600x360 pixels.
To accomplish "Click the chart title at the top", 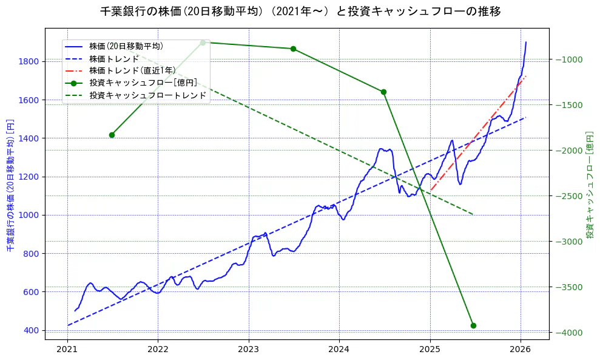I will click(x=300, y=12).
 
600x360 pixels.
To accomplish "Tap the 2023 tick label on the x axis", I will click(x=248, y=350).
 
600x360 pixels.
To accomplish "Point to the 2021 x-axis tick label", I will click(x=67, y=350).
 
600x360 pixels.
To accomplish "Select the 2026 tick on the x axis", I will click(x=521, y=350).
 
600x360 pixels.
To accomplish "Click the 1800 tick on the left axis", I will click(x=29, y=61).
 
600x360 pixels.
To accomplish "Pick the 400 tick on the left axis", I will click(x=32, y=330).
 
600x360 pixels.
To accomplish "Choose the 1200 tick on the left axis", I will click(x=29, y=177).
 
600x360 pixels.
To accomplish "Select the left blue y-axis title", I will click(x=10, y=185).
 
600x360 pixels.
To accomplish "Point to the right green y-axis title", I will click(x=590, y=185).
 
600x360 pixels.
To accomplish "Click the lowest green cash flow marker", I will click(x=473, y=325).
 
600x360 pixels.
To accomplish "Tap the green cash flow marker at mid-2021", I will click(x=112, y=135).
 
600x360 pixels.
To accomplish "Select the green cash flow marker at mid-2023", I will click(x=293, y=49).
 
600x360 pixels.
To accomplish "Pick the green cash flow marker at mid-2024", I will click(x=383, y=92).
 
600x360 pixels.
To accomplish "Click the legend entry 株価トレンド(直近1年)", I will click(x=131, y=70).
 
